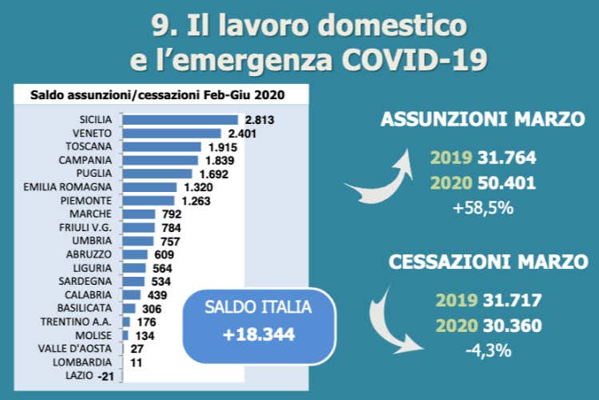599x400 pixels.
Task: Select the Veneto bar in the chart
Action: click(172, 133)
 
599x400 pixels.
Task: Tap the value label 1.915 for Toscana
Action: click(220, 147)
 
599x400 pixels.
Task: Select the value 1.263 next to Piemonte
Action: click(194, 201)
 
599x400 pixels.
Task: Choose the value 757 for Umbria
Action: click(170, 241)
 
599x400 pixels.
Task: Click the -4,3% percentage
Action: click(488, 350)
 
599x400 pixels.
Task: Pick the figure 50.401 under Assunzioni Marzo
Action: click(507, 183)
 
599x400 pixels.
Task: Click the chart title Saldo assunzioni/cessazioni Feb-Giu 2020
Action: click(157, 95)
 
